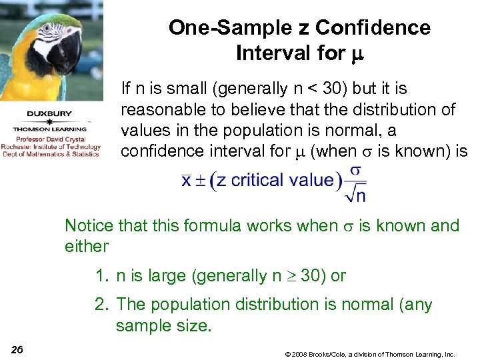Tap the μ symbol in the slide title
355,54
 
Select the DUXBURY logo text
50,113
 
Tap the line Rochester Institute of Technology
51,147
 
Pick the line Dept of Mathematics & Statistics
51,154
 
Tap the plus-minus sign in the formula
202,181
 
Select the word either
86,247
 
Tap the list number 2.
100,305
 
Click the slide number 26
17,350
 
